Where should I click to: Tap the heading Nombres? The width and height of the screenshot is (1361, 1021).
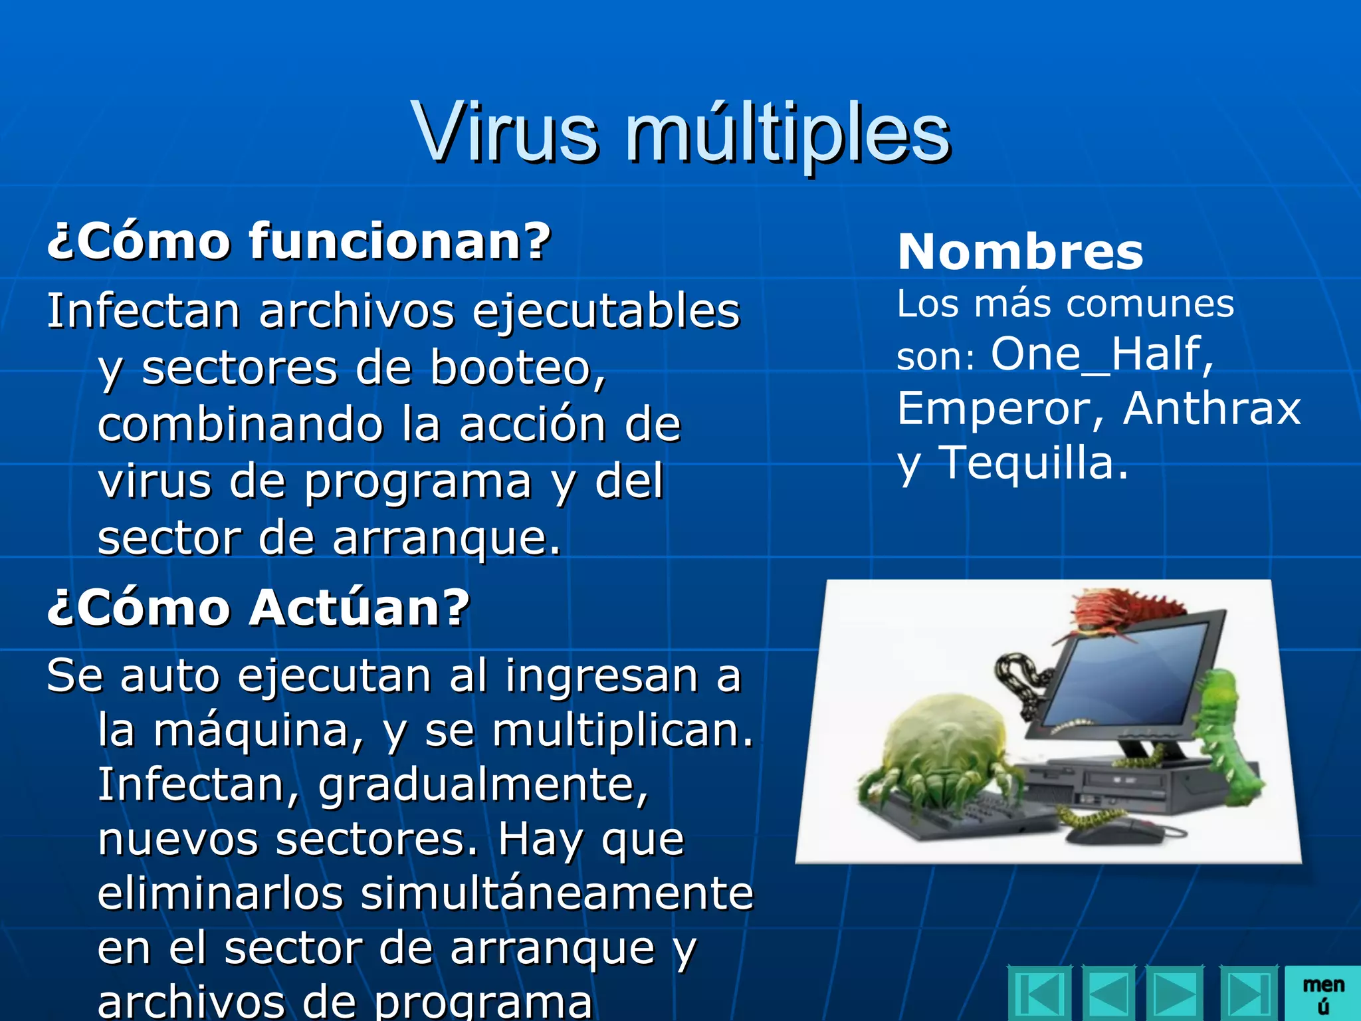point(1020,253)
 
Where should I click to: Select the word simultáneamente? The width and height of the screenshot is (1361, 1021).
point(556,893)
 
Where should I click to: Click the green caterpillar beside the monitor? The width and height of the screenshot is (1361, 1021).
point(1227,738)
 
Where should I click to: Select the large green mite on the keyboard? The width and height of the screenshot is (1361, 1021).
point(937,748)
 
